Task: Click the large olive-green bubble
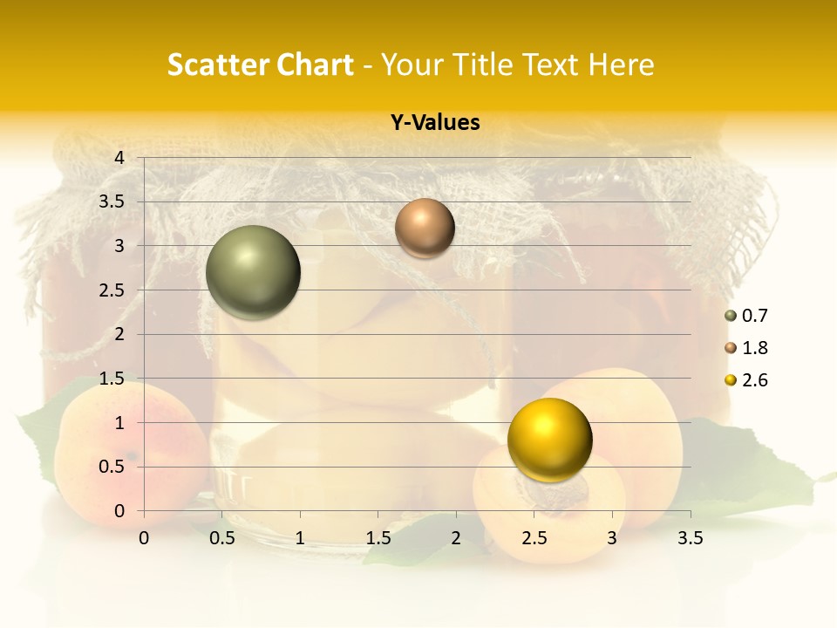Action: [x=254, y=272]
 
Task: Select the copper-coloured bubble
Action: [x=425, y=228]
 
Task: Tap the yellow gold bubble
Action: [x=549, y=440]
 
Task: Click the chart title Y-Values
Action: [x=435, y=123]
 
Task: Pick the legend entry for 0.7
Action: [x=746, y=316]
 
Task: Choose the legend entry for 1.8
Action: [x=746, y=348]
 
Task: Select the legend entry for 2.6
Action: [x=746, y=380]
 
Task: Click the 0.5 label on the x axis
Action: [x=222, y=538]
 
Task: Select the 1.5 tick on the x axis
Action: [x=378, y=538]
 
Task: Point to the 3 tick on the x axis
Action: [x=612, y=538]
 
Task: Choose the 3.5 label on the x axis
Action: [x=691, y=538]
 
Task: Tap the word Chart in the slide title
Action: [x=314, y=65]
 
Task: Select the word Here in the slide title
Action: [x=622, y=65]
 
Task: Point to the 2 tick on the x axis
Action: [x=456, y=538]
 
